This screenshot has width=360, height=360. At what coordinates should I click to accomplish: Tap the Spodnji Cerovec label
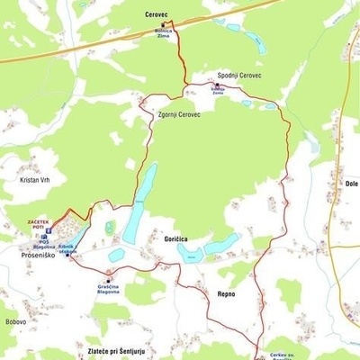point(239,76)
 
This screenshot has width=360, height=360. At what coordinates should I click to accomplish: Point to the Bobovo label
point(15,321)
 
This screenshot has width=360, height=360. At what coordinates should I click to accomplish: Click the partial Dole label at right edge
point(351,184)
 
